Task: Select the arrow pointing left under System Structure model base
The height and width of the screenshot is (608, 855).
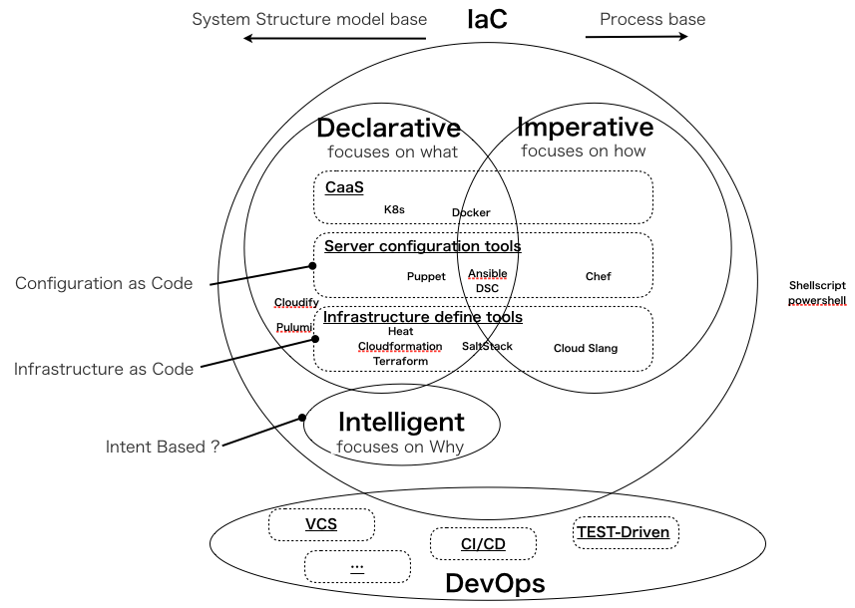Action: [x=335, y=39]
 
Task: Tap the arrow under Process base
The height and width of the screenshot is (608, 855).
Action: [x=637, y=37]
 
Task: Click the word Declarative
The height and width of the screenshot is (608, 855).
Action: [x=388, y=129]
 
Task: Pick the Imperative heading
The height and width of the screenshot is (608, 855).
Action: [x=585, y=127]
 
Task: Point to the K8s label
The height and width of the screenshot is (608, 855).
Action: [x=394, y=210]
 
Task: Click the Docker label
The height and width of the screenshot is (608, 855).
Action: [x=471, y=212]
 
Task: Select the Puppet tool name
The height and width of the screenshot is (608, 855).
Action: [x=426, y=276]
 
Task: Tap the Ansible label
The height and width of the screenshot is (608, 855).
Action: [x=488, y=273]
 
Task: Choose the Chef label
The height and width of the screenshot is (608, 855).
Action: [x=598, y=276]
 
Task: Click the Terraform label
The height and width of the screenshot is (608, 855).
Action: [x=400, y=361]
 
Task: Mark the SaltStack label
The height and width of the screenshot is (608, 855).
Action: [x=487, y=346]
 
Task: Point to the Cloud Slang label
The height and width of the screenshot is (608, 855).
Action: [x=586, y=348]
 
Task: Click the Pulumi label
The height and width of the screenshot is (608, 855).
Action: [x=294, y=327]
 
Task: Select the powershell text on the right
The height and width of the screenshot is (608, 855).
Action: [x=816, y=300]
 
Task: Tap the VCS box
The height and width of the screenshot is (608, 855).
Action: [x=321, y=524]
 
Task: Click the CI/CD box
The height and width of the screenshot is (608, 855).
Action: [x=483, y=544]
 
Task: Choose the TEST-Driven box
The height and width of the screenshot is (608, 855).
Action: [x=626, y=532]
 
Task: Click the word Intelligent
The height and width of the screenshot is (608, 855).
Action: [x=401, y=422]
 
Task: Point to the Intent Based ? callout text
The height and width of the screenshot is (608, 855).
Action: [x=163, y=447]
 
